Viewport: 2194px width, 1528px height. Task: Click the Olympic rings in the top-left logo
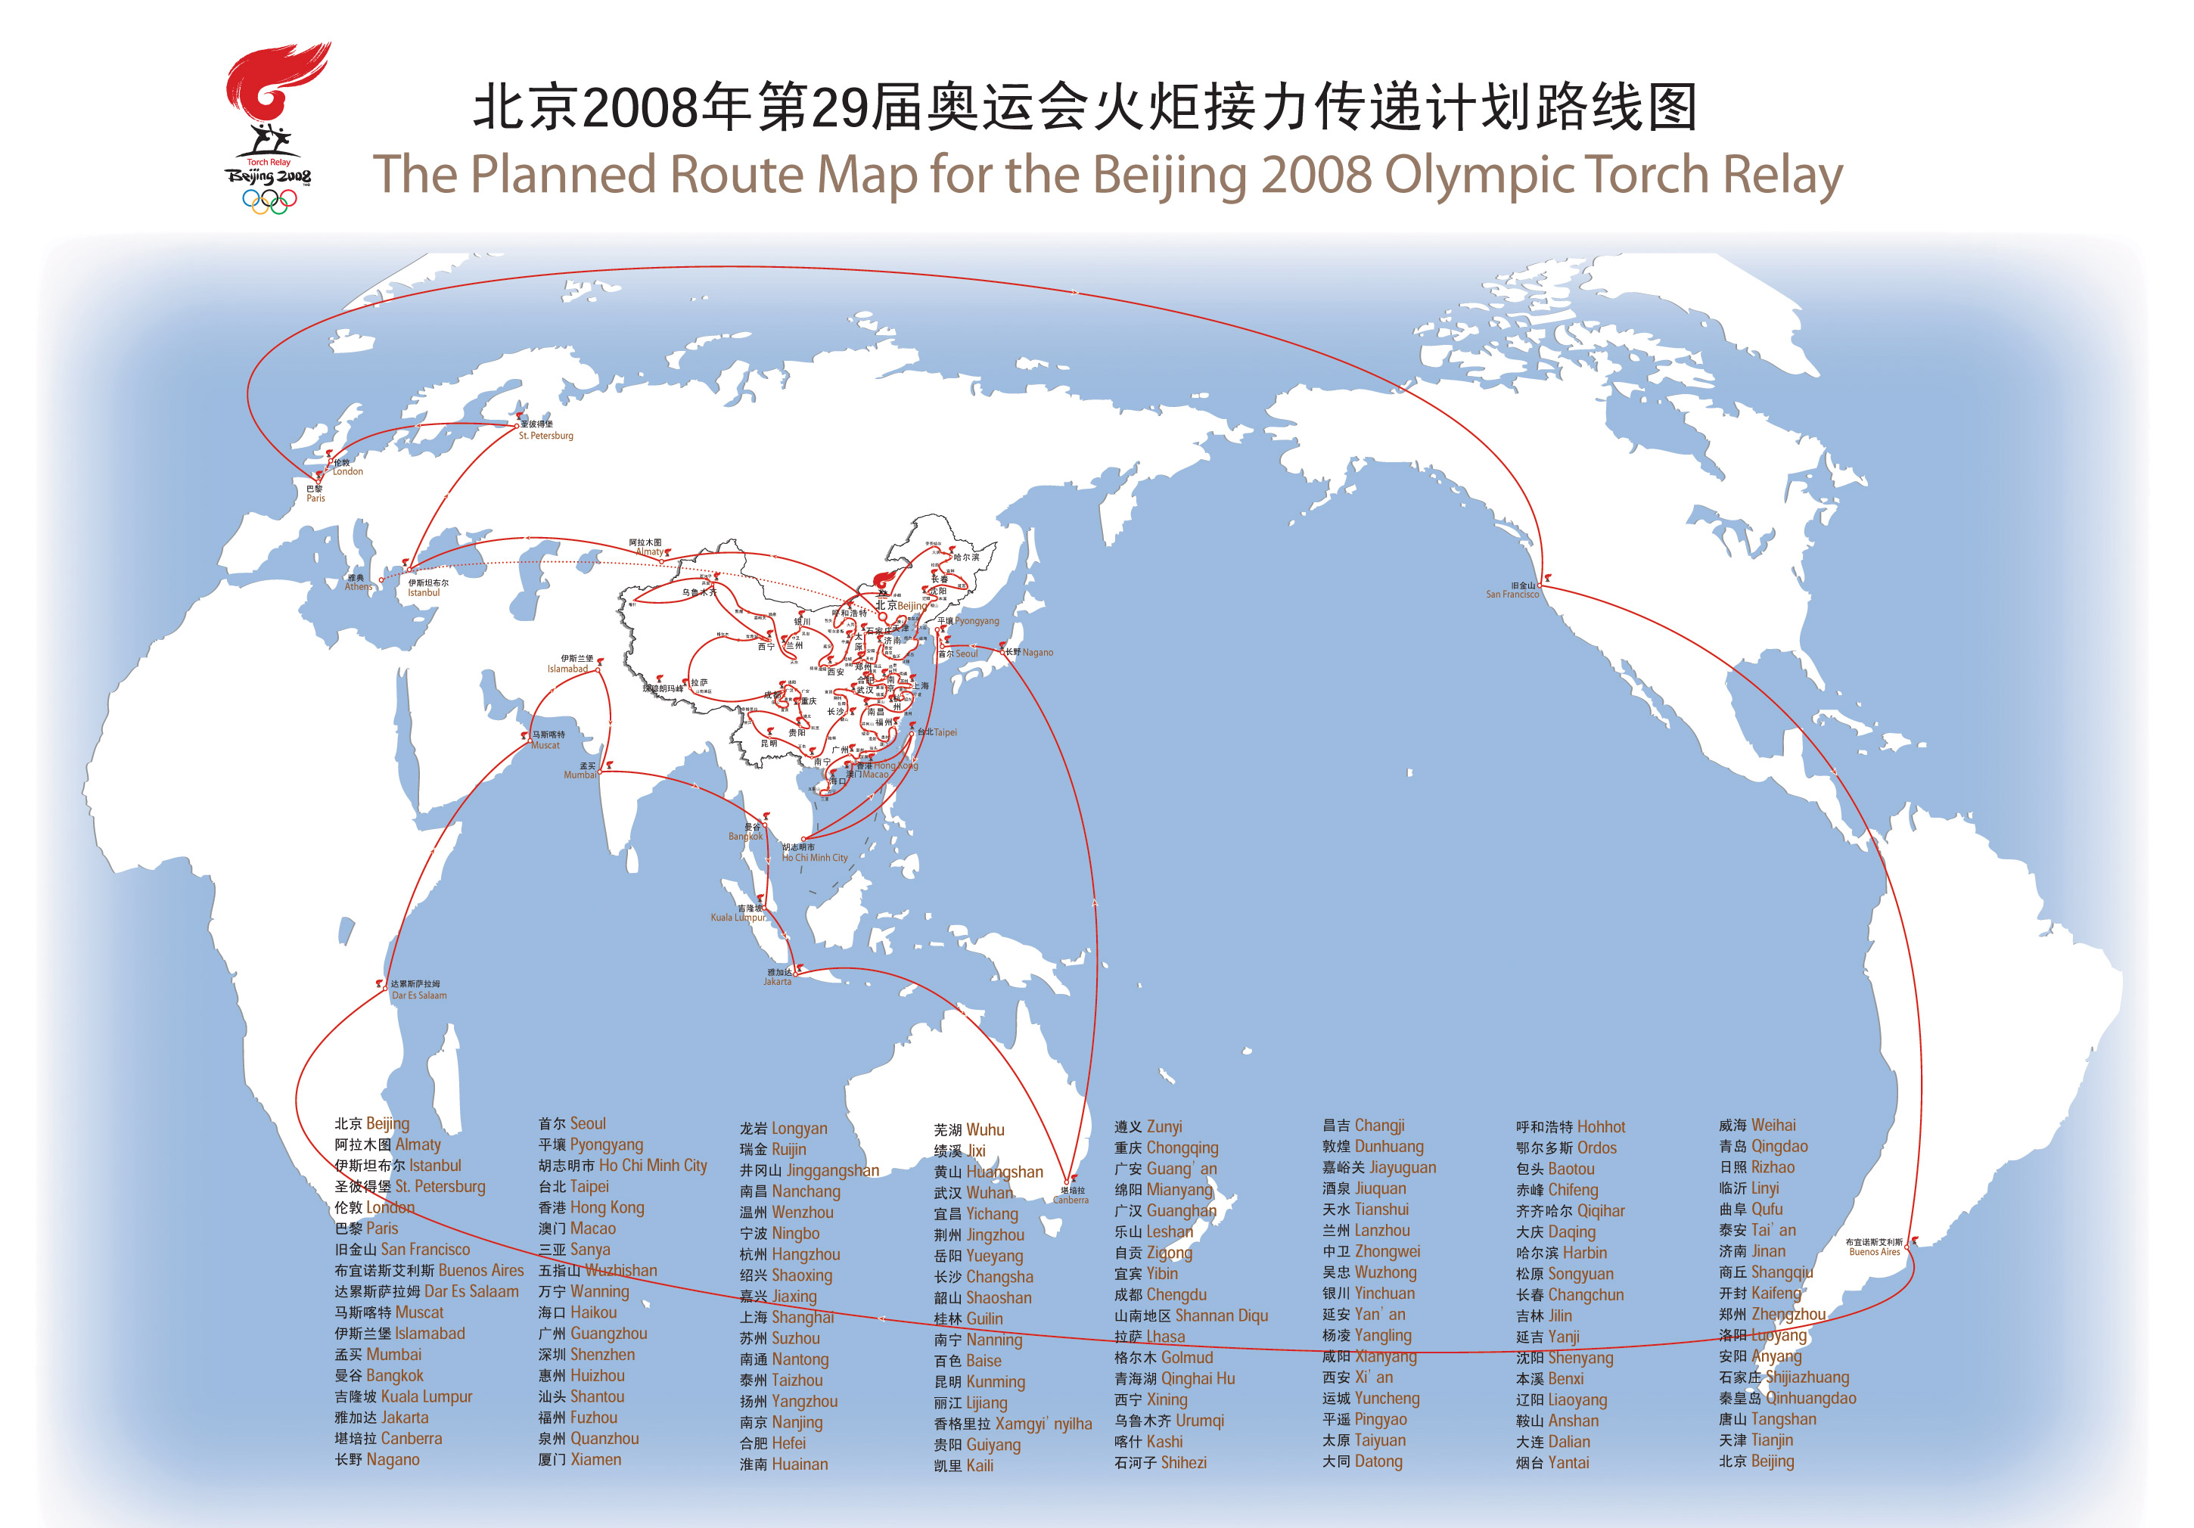pyautogui.click(x=269, y=200)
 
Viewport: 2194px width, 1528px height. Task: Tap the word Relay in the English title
pyautogui.click(x=1782, y=175)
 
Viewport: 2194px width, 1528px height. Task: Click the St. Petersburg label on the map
pyautogui.click(x=545, y=436)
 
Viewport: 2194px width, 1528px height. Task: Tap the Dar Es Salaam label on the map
pyautogui.click(x=418, y=995)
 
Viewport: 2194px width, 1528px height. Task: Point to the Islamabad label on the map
pyautogui.click(x=567, y=669)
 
